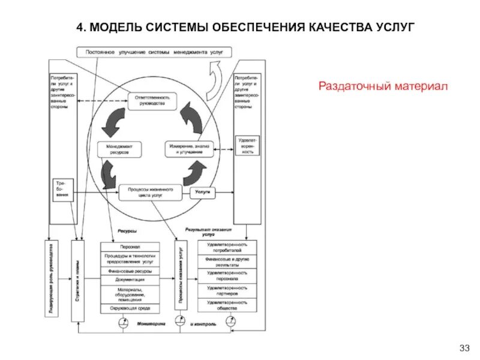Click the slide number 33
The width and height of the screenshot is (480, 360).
click(x=463, y=348)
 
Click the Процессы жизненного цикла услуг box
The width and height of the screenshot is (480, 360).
click(x=150, y=193)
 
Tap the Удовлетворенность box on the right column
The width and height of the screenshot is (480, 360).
click(x=248, y=145)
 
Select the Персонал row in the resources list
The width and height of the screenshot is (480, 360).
click(x=130, y=247)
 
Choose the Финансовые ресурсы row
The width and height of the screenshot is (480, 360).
click(x=130, y=271)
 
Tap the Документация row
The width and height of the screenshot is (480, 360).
click(x=130, y=280)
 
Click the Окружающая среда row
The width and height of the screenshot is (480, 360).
click(x=130, y=308)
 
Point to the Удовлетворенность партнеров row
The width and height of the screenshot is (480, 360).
click(x=227, y=291)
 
